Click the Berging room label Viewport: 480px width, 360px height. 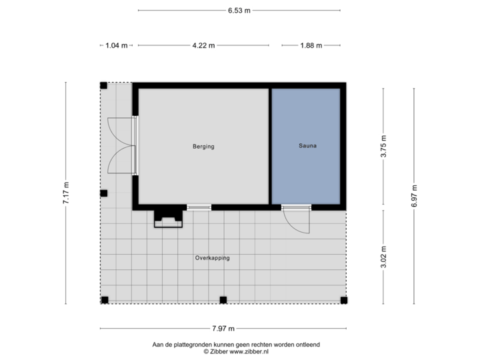pyautogui.click(x=203, y=146)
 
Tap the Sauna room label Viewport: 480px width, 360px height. pyautogui.click(x=307, y=146)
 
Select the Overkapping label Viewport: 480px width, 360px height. pyautogui.click(x=212, y=258)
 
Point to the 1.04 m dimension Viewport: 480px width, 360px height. pyautogui.click(x=116, y=46)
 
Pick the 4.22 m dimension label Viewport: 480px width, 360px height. pyautogui.click(x=203, y=46)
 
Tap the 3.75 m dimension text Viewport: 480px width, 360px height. pyautogui.click(x=383, y=147)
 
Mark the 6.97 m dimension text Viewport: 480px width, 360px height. pyautogui.click(x=414, y=197)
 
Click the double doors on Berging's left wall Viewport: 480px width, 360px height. pyautogui.click(x=123, y=146)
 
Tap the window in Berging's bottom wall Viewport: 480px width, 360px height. pyautogui.click(x=199, y=207)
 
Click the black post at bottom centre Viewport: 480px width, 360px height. pyautogui.click(x=223, y=299)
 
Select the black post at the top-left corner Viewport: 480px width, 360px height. pyautogui.click(x=103, y=85)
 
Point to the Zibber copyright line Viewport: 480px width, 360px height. pyautogui.click(x=236, y=351)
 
